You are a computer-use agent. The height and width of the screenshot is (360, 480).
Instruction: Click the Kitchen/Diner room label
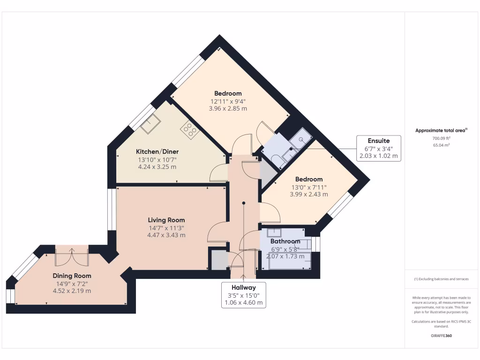pyautogui.click(x=157, y=152)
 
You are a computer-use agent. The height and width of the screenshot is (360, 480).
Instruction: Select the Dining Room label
pyautogui.click(x=72, y=276)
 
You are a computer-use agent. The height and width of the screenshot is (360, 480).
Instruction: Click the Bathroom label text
pyautogui.click(x=285, y=241)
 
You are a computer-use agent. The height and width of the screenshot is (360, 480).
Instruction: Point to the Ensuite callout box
pyautogui.click(x=378, y=148)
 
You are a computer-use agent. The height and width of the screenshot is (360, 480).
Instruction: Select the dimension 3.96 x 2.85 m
pyautogui.click(x=228, y=108)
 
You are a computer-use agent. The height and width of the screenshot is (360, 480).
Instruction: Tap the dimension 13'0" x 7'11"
pyautogui.click(x=309, y=187)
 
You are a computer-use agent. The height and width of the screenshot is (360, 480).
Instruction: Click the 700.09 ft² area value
pyautogui.click(x=442, y=138)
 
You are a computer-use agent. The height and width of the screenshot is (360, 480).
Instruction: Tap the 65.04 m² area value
pyautogui.click(x=442, y=146)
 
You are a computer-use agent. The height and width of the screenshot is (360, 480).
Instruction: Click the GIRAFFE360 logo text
pyautogui.click(x=442, y=336)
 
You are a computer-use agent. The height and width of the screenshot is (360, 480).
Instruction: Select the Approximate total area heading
pyautogui.click(x=441, y=131)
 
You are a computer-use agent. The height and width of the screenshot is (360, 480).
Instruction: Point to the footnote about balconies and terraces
pyautogui.click(x=441, y=279)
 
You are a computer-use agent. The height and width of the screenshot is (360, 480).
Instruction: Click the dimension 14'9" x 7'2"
pyautogui.click(x=72, y=283)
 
